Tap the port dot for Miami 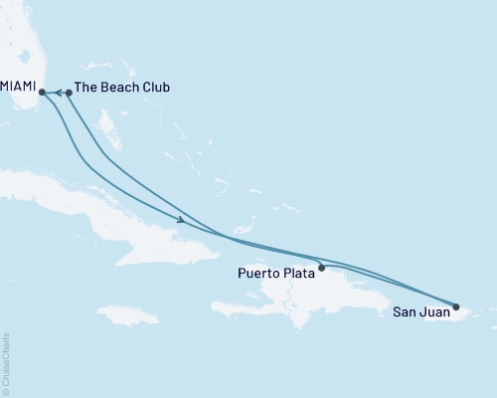(42, 93)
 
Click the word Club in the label (156, 88)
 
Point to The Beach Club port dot (69, 93)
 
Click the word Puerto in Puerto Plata (260, 271)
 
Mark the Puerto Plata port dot (321, 268)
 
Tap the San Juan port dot (456, 306)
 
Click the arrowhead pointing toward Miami (58, 93)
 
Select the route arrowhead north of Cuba (180, 220)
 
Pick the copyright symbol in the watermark (7, 388)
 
